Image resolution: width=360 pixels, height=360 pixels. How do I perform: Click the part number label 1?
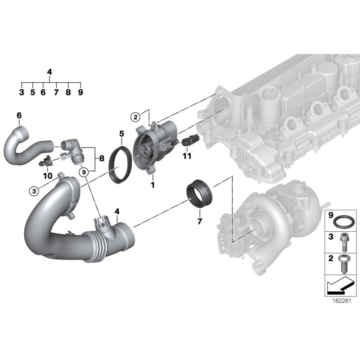[x=153, y=185]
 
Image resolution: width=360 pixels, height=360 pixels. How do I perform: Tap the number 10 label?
[x=47, y=175]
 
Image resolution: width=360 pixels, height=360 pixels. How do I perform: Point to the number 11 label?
[x=187, y=156]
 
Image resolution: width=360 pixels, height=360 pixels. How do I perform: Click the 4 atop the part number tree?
[x=49, y=72]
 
